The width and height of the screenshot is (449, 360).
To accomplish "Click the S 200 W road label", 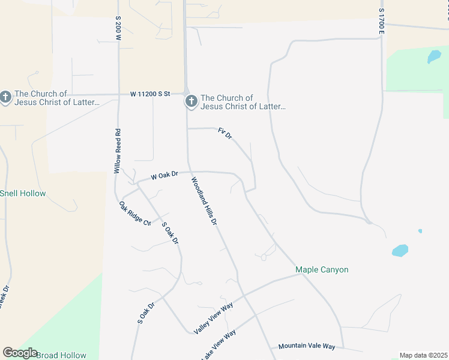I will coord(119,28).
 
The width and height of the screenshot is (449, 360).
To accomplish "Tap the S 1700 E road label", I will coord(381,20).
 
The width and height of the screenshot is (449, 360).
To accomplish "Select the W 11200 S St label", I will coord(151,94).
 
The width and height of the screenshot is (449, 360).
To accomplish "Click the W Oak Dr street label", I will coord(164,175).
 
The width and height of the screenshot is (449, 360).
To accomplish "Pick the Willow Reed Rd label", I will coord(118,151).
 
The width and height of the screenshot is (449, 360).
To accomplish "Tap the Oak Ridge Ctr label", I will coord(135,214).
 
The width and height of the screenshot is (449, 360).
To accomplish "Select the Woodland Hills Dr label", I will coord(204,201).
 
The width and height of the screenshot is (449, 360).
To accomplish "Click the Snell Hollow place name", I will coord(23,193).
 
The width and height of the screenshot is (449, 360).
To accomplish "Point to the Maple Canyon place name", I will coord(322,269).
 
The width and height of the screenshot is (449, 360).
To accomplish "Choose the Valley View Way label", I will coord(213,319).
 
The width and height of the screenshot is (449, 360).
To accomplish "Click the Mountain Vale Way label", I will coord(306,347).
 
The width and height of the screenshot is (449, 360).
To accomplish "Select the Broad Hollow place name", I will coord(61,355).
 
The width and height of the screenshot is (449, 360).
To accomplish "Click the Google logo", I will coord(20,353).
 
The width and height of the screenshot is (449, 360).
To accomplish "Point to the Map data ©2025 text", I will coord(423,355).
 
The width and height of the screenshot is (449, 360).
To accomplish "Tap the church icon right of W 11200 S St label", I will coord(191,101).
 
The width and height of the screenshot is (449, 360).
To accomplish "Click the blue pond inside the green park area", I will coord(433,57).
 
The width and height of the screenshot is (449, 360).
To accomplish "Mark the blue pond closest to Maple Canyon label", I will coord(400,250).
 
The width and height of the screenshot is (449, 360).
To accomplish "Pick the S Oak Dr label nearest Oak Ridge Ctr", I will coord(170,233).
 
